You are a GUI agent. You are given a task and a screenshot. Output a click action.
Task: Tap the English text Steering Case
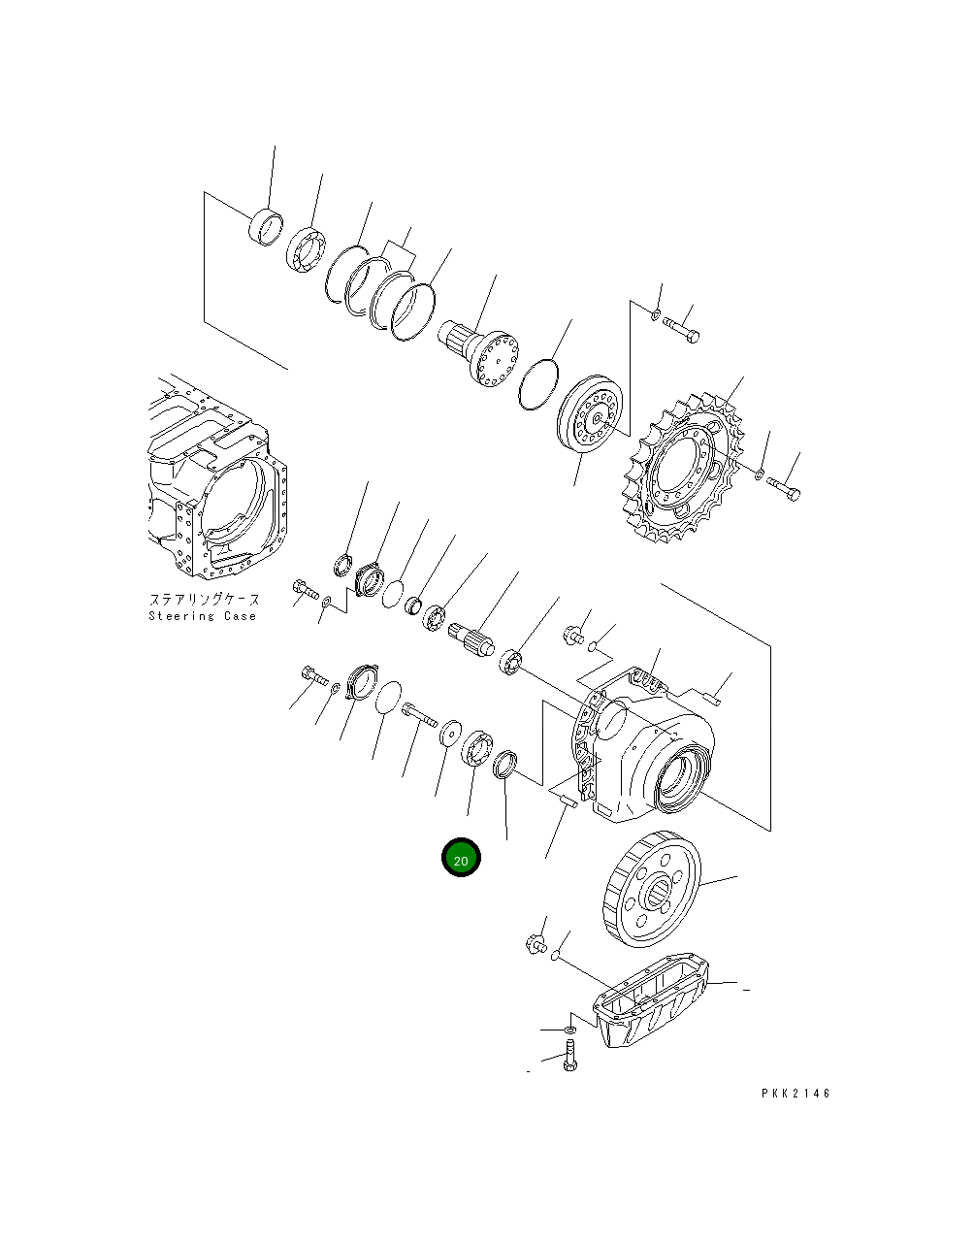(x=203, y=616)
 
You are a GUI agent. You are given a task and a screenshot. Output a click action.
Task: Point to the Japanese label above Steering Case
(x=204, y=601)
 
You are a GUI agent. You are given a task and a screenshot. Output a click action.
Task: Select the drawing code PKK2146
(x=795, y=1094)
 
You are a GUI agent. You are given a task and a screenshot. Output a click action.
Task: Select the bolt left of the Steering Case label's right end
(x=304, y=588)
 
